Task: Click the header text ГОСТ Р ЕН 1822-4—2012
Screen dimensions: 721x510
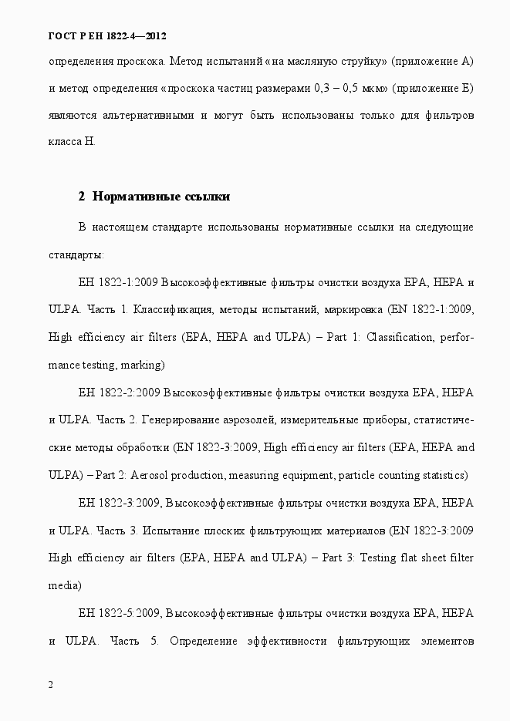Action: point(107,36)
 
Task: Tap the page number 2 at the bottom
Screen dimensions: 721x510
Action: point(51,684)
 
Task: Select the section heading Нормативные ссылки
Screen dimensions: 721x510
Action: point(154,197)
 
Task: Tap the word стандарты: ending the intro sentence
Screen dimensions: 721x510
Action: point(76,254)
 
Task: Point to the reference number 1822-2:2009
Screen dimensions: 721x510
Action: point(129,393)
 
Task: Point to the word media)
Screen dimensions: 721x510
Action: point(65,585)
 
